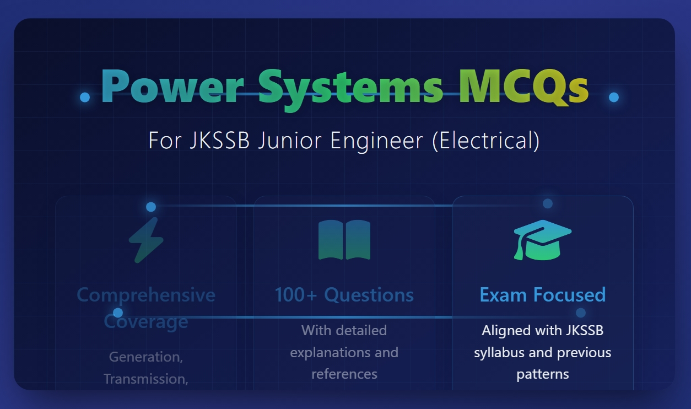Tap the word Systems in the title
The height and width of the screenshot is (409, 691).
350,89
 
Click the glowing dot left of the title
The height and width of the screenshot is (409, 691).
85,97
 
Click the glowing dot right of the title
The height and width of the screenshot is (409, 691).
614,97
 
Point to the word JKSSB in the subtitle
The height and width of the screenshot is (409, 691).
219,141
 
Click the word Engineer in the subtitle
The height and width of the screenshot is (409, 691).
376,142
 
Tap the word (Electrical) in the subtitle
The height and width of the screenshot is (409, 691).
486,141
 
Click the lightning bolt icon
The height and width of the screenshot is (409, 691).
146,240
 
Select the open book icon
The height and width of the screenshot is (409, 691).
344,240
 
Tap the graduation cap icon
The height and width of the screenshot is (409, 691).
543,240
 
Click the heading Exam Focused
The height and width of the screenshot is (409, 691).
543,295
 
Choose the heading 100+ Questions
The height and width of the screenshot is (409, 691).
344,295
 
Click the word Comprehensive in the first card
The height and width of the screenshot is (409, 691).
146,295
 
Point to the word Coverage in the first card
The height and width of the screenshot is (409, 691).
146,322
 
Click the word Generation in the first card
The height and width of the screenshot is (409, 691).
145,357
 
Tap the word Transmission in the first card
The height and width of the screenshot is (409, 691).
145,379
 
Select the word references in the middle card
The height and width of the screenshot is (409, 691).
344,374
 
